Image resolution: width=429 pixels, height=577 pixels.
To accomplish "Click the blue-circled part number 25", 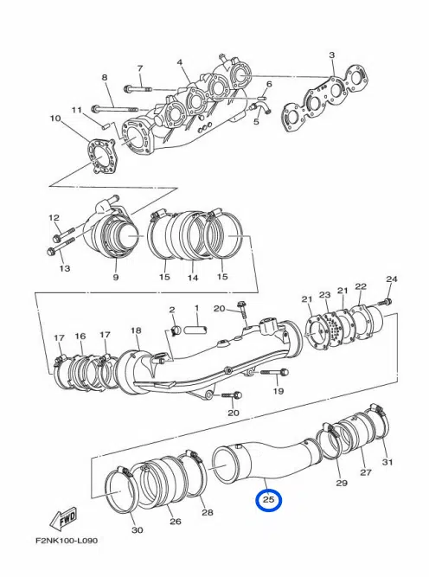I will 268,500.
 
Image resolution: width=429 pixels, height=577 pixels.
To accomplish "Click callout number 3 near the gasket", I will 331,54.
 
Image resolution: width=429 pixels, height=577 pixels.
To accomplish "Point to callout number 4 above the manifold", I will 180,63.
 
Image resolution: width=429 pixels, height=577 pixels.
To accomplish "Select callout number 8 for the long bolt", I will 105,78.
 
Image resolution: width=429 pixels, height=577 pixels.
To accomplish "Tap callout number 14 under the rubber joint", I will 193,278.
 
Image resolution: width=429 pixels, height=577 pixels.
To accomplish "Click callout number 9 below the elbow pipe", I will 115,278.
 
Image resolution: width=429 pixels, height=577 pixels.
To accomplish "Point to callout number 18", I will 136,330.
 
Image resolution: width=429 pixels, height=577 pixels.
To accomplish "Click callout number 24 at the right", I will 391,279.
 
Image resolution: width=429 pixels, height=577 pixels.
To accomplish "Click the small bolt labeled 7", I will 131,88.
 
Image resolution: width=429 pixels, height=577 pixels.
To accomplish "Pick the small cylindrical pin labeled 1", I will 195,329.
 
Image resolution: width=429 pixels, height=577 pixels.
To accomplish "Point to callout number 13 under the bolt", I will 64,269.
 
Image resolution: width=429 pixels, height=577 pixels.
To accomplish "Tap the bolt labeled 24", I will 386,301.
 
